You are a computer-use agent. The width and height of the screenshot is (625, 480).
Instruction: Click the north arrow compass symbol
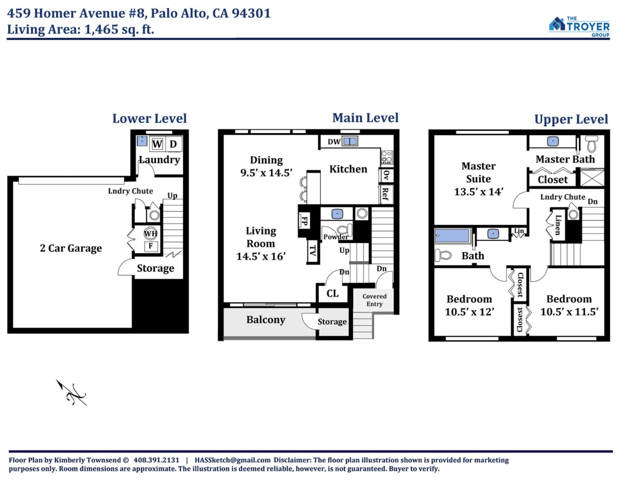pyautogui.click(x=71, y=393)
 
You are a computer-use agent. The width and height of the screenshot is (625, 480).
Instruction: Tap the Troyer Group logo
pyautogui.click(x=579, y=27)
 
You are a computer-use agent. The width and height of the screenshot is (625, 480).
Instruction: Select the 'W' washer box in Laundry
pyautogui.click(x=157, y=144)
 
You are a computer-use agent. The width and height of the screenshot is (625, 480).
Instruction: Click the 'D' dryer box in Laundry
pyautogui.click(x=173, y=144)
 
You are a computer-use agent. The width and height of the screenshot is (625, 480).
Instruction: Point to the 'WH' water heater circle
pyautogui.click(x=150, y=234)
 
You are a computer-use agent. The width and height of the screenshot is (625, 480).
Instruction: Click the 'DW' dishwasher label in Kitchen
pyautogui.click(x=334, y=142)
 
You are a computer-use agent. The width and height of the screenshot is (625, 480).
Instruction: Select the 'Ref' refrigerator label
pyautogui.click(x=385, y=194)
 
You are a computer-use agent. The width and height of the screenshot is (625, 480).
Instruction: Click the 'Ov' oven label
pyautogui.click(x=386, y=175)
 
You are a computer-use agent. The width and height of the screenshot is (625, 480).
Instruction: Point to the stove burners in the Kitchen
pyautogui.click(x=387, y=157)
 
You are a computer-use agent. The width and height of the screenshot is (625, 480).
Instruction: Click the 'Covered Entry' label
pyautogui.click(x=374, y=300)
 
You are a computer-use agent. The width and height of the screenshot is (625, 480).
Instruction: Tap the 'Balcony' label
pyautogui.click(x=266, y=320)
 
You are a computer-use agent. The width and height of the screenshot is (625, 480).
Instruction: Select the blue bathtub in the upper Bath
pyautogui.click(x=452, y=236)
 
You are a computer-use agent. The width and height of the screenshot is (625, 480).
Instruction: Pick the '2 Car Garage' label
pyautogui.click(x=71, y=248)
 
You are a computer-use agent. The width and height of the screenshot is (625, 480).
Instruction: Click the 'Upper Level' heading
pyautogui.click(x=571, y=119)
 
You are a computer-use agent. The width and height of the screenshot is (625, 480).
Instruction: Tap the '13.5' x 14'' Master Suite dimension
pyautogui.click(x=479, y=192)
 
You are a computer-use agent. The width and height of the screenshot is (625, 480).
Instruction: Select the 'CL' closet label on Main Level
pyautogui.click(x=333, y=293)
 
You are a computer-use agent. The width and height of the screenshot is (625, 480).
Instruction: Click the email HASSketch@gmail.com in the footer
pyautogui.click(x=232, y=460)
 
